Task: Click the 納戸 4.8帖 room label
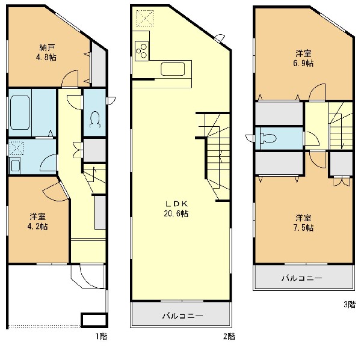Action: (x=46, y=52)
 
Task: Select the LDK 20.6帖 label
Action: (x=176, y=209)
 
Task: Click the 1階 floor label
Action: (x=101, y=337)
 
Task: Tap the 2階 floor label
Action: (x=229, y=337)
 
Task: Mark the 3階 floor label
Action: (x=350, y=304)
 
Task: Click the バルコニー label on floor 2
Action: (x=182, y=316)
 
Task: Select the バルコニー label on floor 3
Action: (x=302, y=278)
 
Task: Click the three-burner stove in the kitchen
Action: (x=141, y=51)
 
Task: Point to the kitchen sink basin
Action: (x=173, y=69)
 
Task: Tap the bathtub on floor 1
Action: (x=20, y=113)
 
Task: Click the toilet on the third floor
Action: (x=268, y=138)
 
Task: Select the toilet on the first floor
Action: (x=95, y=119)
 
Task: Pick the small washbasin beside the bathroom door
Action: (x=15, y=165)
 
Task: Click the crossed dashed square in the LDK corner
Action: (x=145, y=19)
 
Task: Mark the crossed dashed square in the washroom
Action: (x=16, y=148)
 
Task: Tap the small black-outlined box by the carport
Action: (x=94, y=319)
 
